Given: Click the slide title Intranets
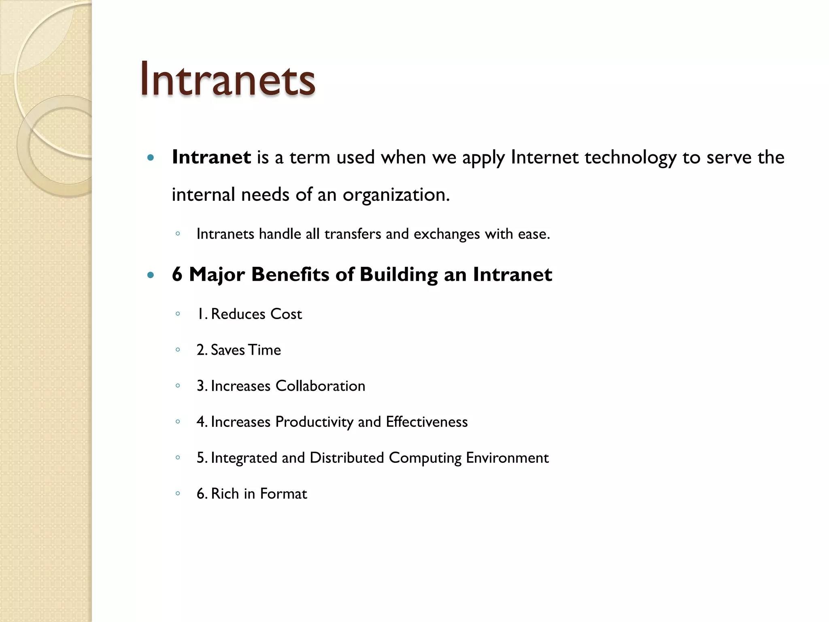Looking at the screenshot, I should (x=227, y=79).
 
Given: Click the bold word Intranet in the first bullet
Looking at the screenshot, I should (x=211, y=157).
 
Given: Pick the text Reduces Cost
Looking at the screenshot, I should (x=256, y=314).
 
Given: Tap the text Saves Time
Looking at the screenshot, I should (x=246, y=350).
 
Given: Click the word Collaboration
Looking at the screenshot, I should (x=320, y=386).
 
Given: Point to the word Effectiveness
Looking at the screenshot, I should (x=427, y=422).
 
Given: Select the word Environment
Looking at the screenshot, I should (x=507, y=458).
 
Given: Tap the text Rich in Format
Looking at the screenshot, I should (x=259, y=494).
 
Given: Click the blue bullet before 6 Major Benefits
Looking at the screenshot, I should (x=151, y=275).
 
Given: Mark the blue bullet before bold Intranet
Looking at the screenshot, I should (x=151, y=158).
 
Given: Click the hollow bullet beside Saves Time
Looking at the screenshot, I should (x=178, y=349).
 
